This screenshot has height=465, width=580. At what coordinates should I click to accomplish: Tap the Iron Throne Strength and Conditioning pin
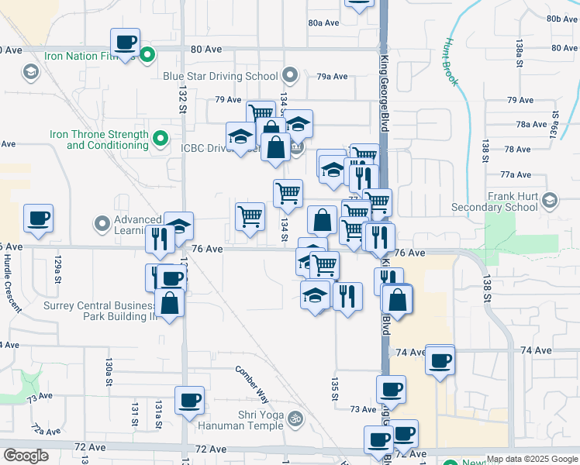coord(161,139)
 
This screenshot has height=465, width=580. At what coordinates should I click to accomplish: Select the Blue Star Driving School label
coord(220,76)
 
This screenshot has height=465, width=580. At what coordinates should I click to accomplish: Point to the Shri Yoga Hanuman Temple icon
coord(294,419)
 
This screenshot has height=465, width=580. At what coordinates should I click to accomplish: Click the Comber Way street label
coord(253,383)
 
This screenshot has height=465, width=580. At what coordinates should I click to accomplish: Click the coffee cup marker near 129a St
coord(38,219)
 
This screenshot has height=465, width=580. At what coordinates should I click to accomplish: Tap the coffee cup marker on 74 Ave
coord(440,360)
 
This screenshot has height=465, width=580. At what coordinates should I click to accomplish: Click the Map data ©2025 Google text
coord(531,460)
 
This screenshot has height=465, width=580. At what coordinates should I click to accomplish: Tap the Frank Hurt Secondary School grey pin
coord(550,201)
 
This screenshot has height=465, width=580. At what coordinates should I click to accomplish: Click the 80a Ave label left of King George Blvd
coord(323,22)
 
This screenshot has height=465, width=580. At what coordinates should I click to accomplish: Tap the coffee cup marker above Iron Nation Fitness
coord(125,42)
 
